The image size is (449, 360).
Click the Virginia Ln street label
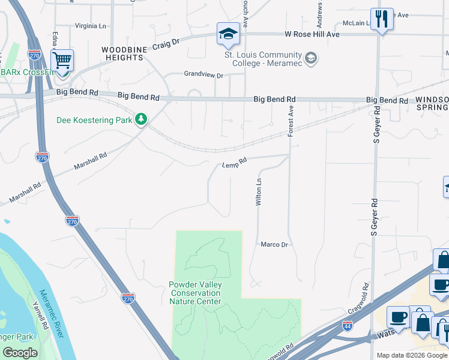point(90,26)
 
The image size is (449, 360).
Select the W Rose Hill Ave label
point(312,35)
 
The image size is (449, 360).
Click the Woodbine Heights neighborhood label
point(122,53)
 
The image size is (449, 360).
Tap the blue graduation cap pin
point(228,35)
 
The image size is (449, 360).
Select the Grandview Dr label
point(203,76)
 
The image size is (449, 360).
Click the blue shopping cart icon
point(62,61)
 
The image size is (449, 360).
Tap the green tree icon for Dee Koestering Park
point(141,120)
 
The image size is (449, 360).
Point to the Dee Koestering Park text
point(94,120)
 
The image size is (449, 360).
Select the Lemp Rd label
point(234,163)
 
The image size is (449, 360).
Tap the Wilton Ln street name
point(259,193)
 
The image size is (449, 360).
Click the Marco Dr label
point(274,245)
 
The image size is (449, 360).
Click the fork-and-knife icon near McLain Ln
point(381,19)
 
